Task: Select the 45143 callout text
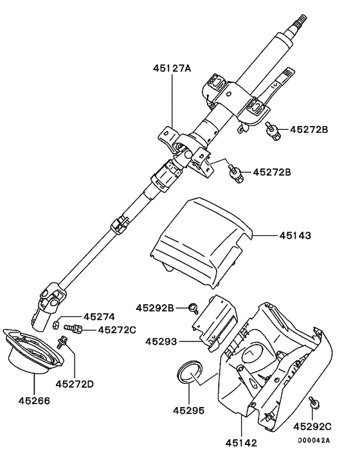(295, 237)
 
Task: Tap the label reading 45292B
(155, 308)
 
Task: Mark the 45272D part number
(74, 385)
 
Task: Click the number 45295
(190, 410)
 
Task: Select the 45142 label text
(241, 442)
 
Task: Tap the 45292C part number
(313, 426)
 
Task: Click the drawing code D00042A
(314, 440)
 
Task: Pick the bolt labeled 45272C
(73, 330)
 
